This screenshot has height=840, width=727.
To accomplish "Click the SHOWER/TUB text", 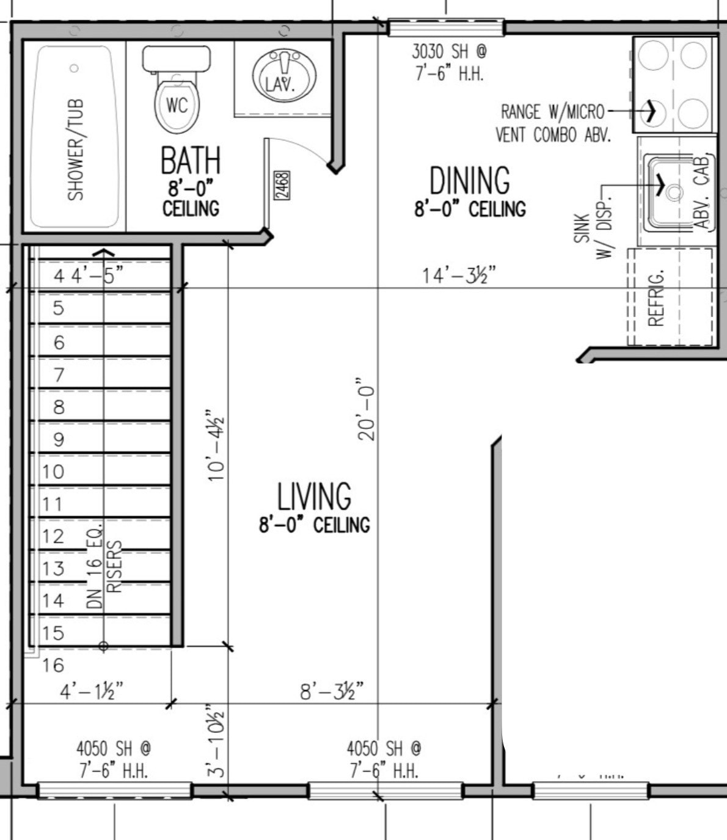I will pos(76,150).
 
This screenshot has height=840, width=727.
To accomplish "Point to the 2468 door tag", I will pos(282,185).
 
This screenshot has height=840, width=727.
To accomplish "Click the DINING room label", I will pos(469,181).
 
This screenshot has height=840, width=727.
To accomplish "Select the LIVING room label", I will pos(314,496).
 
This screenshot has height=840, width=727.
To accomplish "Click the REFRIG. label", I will pos(656,298).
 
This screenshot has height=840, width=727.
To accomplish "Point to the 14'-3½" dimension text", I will pos(458,276).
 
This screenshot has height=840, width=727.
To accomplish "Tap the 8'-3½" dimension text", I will pos(331,692).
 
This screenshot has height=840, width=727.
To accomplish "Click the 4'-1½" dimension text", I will pos(91,692).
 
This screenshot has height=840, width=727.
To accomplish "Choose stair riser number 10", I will pos(53,472).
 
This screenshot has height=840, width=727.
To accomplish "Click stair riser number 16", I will pos(53,665).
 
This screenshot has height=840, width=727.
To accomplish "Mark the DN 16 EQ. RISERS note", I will pos(104,565).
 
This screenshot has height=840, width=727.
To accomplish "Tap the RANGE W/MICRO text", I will pos(552,112).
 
